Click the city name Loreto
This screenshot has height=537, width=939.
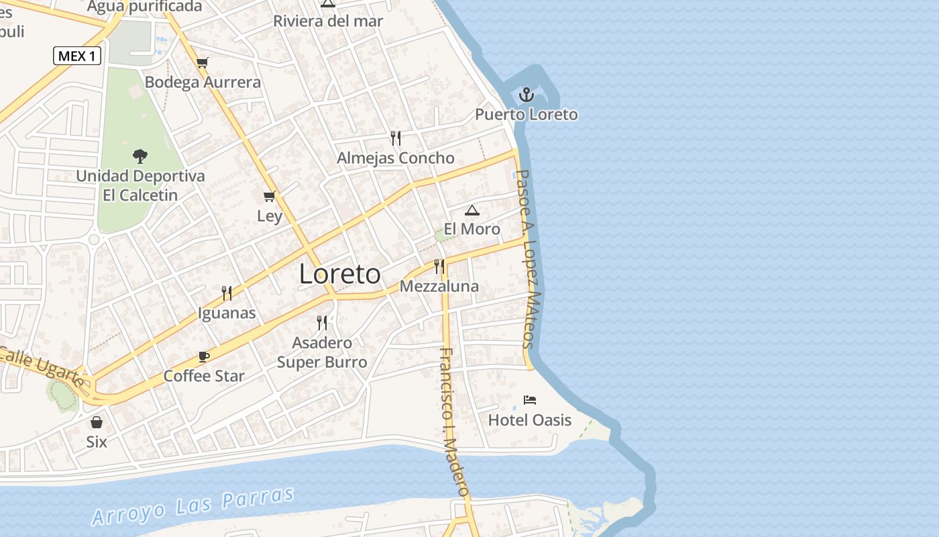tap(339, 274)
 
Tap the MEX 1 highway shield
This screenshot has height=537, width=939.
tap(77, 56)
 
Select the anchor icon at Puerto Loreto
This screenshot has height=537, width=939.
tap(527, 94)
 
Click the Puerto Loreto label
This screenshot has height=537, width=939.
tap(527, 114)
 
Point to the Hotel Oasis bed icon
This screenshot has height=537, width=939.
tap(530, 400)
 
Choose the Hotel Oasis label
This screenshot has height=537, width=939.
tap(530, 420)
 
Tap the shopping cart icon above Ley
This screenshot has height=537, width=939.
tap(270, 196)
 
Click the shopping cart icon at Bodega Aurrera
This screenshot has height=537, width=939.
tap(203, 62)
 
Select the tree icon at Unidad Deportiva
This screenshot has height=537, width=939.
tap(140, 156)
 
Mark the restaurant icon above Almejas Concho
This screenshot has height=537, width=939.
tap(396, 138)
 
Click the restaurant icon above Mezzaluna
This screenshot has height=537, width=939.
tap(439, 266)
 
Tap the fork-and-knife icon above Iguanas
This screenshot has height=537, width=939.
tap(227, 293)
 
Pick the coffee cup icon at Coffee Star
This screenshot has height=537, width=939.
tap(205, 356)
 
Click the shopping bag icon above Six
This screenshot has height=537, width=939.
tap(97, 422)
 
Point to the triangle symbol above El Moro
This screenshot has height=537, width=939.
tap(472, 210)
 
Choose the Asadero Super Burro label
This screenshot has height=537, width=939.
tap(322, 352)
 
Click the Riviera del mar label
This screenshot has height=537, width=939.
tap(328, 21)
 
